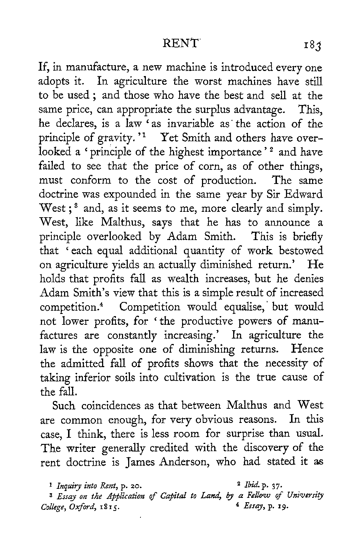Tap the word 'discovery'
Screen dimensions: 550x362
[x=269, y=448]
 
